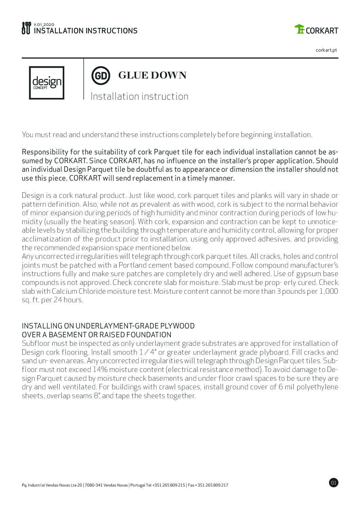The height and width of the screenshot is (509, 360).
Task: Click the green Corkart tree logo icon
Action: click(x=300, y=30)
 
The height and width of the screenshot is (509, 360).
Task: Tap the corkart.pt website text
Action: click(x=326, y=50)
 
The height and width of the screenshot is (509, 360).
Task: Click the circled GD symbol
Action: click(x=101, y=75)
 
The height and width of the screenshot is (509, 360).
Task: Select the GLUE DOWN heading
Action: click(x=152, y=75)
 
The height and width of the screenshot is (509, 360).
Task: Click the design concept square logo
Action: click(x=47, y=83)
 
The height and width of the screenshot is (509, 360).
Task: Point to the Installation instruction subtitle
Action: click(x=139, y=97)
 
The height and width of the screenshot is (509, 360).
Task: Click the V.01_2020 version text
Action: click(x=42, y=24)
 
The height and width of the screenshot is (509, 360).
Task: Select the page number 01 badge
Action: click(x=333, y=482)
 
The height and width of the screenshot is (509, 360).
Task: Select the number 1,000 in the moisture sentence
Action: click(x=329, y=291)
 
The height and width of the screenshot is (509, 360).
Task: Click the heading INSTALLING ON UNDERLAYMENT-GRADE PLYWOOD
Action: click(x=108, y=326)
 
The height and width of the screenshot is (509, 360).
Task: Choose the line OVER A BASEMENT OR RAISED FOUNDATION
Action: click(x=96, y=335)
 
